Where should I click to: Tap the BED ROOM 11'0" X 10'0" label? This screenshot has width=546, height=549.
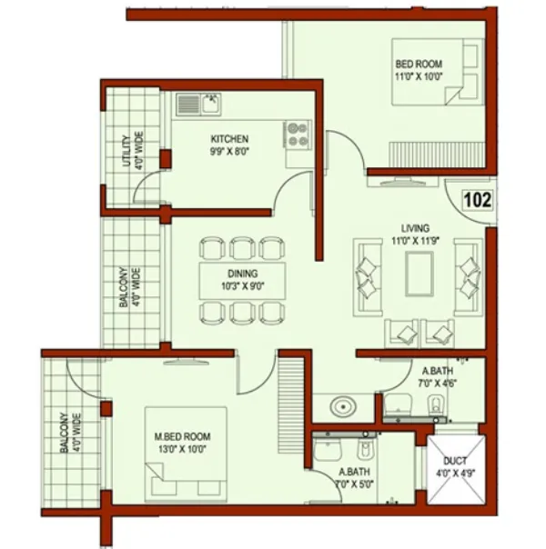click(x=418, y=71)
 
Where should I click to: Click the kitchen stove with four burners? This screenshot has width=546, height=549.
click(x=298, y=135)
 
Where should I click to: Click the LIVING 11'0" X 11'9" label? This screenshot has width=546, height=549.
click(x=418, y=234)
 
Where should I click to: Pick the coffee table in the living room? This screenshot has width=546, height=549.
click(x=419, y=273)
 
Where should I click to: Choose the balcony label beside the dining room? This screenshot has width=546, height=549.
click(x=130, y=288)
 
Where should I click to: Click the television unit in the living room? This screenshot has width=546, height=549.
click(x=401, y=181)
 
